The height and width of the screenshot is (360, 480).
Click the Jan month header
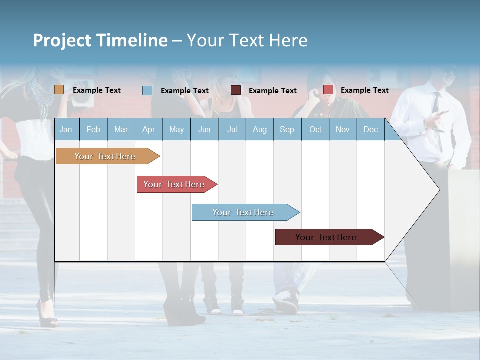66,129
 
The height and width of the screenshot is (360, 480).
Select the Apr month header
148,129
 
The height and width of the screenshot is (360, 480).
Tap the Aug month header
259,129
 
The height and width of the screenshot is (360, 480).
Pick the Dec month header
370,129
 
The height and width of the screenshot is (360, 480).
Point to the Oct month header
315,129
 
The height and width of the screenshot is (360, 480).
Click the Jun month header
204,129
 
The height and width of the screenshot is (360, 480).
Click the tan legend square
59,90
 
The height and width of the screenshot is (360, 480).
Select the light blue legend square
147,90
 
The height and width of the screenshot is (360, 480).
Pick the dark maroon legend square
236,90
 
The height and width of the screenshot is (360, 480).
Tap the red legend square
328,90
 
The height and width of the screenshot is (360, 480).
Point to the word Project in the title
62,40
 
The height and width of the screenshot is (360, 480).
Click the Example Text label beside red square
364,90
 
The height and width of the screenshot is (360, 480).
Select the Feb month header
93,129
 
